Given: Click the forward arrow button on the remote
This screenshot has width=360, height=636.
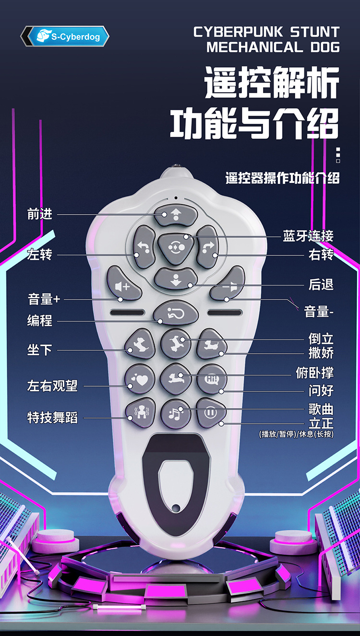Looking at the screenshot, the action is point(176,215).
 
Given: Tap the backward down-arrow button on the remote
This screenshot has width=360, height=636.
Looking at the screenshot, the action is point(176,278).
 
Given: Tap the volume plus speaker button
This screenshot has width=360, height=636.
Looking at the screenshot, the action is point(123,285).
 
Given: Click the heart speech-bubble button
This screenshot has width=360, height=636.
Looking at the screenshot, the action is point(140,379).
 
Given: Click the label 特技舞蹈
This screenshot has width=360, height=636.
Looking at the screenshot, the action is point(52,418).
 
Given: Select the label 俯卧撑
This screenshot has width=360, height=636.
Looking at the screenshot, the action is point(315,372).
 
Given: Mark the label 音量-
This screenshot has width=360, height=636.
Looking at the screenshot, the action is point(319,312).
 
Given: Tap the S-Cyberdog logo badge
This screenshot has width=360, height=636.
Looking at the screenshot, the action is point(65,36).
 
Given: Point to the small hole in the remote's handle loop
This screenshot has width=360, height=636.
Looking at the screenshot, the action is point(176,507).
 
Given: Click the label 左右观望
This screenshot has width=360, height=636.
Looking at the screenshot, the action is point(52,385).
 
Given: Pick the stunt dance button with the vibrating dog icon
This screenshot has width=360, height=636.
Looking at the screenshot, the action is point(140,412).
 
